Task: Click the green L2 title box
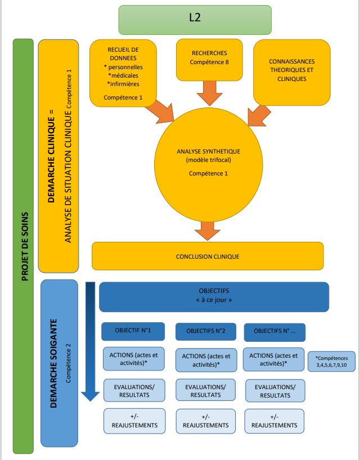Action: click(195, 20)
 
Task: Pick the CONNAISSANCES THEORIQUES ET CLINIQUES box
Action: click(291, 71)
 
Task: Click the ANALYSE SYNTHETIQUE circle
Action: click(208, 163)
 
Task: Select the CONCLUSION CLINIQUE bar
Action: click(208, 256)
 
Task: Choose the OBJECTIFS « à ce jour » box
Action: click(214, 296)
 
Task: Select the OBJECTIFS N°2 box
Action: click(206, 331)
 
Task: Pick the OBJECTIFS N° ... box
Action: click(275, 331)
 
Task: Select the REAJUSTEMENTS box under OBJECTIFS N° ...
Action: click(274, 421)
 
